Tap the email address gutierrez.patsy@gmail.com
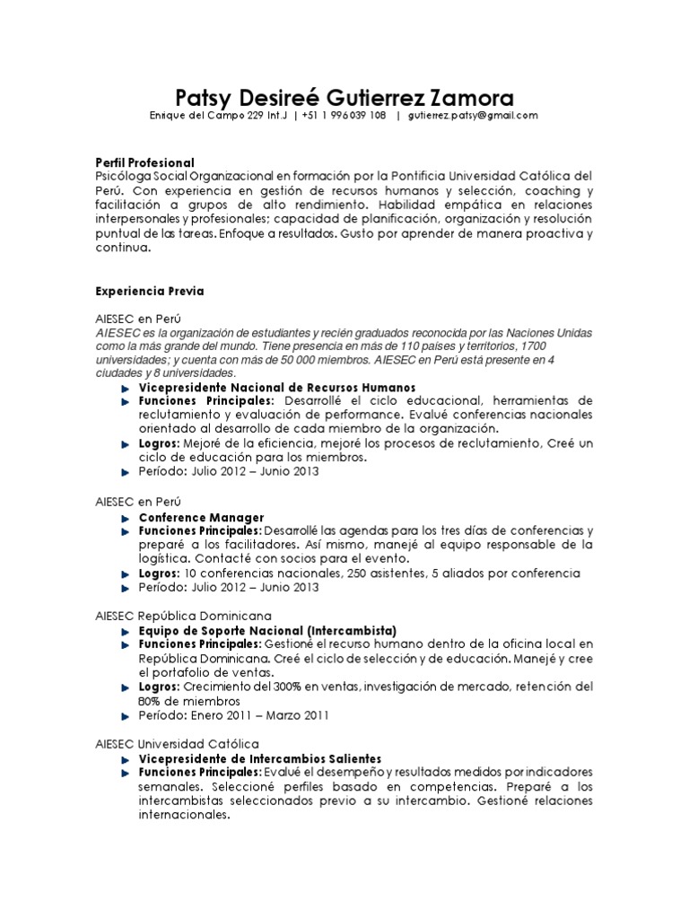click(473, 116)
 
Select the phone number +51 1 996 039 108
click(344, 116)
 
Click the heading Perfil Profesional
click(144, 162)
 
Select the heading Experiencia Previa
click(150, 292)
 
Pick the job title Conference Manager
click(201, 518)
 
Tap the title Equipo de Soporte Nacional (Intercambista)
click(266, 631)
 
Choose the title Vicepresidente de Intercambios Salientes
click(259, 758)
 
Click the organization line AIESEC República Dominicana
click(184, 617)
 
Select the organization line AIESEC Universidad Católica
click(177, 744)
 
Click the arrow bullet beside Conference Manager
click(126, 518)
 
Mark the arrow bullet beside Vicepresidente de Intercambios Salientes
click(126, 758)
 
